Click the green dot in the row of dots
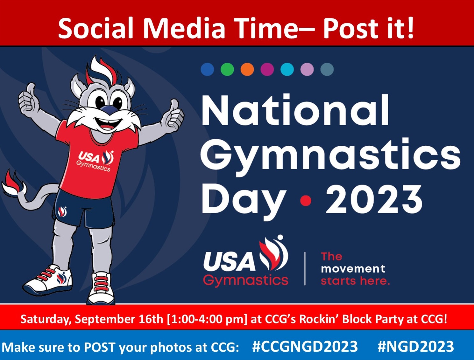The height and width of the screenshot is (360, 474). (x=227, y=69)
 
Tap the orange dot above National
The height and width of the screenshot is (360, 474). (x=247, y=69)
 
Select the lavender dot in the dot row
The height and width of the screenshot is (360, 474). (x=307, y=69)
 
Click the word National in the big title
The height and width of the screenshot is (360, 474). (x=295, y=110)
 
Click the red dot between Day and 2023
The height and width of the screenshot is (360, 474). (x=306, y=201)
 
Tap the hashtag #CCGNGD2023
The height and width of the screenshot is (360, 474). (x=305, y=347)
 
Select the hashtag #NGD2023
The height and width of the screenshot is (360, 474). (x=416, y=347)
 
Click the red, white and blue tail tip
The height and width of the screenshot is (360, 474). (x=13, y=183)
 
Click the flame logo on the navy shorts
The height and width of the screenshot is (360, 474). (x=62, y=212)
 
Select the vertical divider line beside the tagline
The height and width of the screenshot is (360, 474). (x=305, y=268)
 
